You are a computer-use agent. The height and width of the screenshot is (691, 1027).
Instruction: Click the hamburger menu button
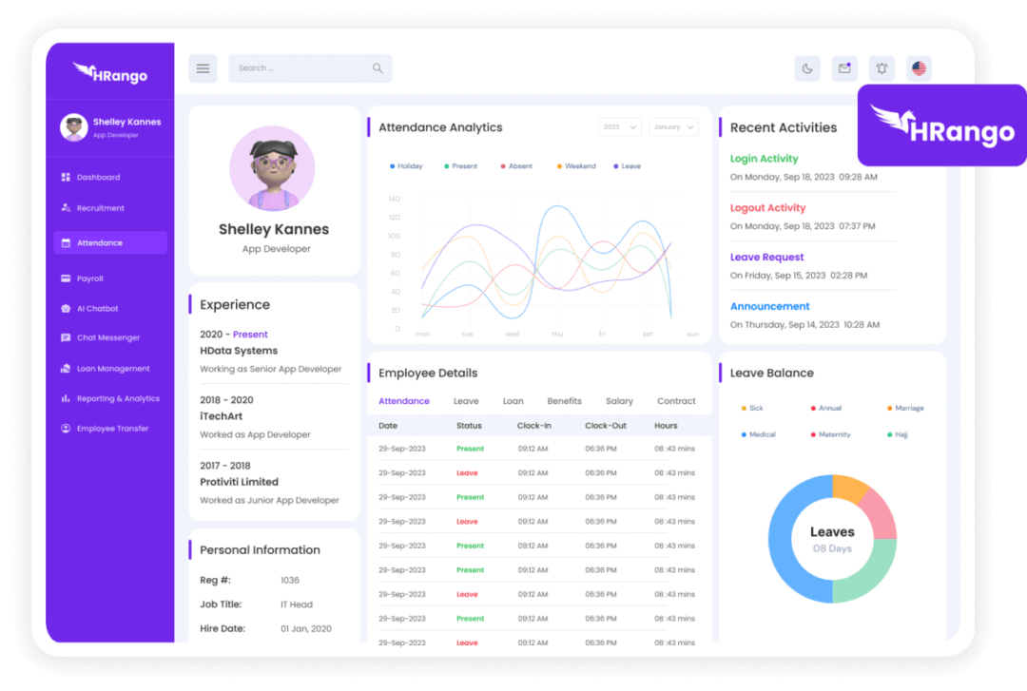(x=203, y=68)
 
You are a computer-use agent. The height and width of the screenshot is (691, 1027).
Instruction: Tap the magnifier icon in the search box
(x=378, y=68)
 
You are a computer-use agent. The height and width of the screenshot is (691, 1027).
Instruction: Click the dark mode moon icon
(x=807, y=68)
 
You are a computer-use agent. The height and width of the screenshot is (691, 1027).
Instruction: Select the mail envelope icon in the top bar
(x=843, y=68)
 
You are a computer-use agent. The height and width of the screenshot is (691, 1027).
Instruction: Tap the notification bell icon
(x=882, y=68)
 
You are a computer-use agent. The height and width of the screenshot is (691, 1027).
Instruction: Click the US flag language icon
(x=919, y=68)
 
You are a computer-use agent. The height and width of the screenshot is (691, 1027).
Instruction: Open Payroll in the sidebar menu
(x=89, y=278)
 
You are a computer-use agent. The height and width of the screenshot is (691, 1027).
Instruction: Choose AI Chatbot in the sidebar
(x=97, y=309)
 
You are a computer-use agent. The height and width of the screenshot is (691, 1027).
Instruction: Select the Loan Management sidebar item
(x=112, y=369)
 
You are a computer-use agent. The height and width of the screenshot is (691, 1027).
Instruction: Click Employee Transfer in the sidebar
(x=112, y=429)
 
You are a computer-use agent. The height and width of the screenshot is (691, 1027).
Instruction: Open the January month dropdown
(x=673, y=127)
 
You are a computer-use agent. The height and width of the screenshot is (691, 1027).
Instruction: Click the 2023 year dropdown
(x=619, y=127)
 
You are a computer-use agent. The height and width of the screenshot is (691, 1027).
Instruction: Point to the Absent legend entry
(x=519, y=166)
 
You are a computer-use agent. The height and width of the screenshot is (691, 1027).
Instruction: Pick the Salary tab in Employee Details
(x=619, y=401)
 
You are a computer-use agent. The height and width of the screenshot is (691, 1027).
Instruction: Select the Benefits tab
(x=564, y=401)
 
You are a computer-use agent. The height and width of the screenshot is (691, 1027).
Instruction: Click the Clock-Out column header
(x=605, y=426)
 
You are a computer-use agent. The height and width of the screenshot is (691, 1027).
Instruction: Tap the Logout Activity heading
(x=767, y=208)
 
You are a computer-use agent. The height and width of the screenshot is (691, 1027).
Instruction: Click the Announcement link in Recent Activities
(x=769, y=307)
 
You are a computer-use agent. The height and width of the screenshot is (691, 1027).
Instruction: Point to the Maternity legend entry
(x=832, y=434)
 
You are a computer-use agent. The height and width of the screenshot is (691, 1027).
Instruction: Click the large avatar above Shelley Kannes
(x=272, y=168)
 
